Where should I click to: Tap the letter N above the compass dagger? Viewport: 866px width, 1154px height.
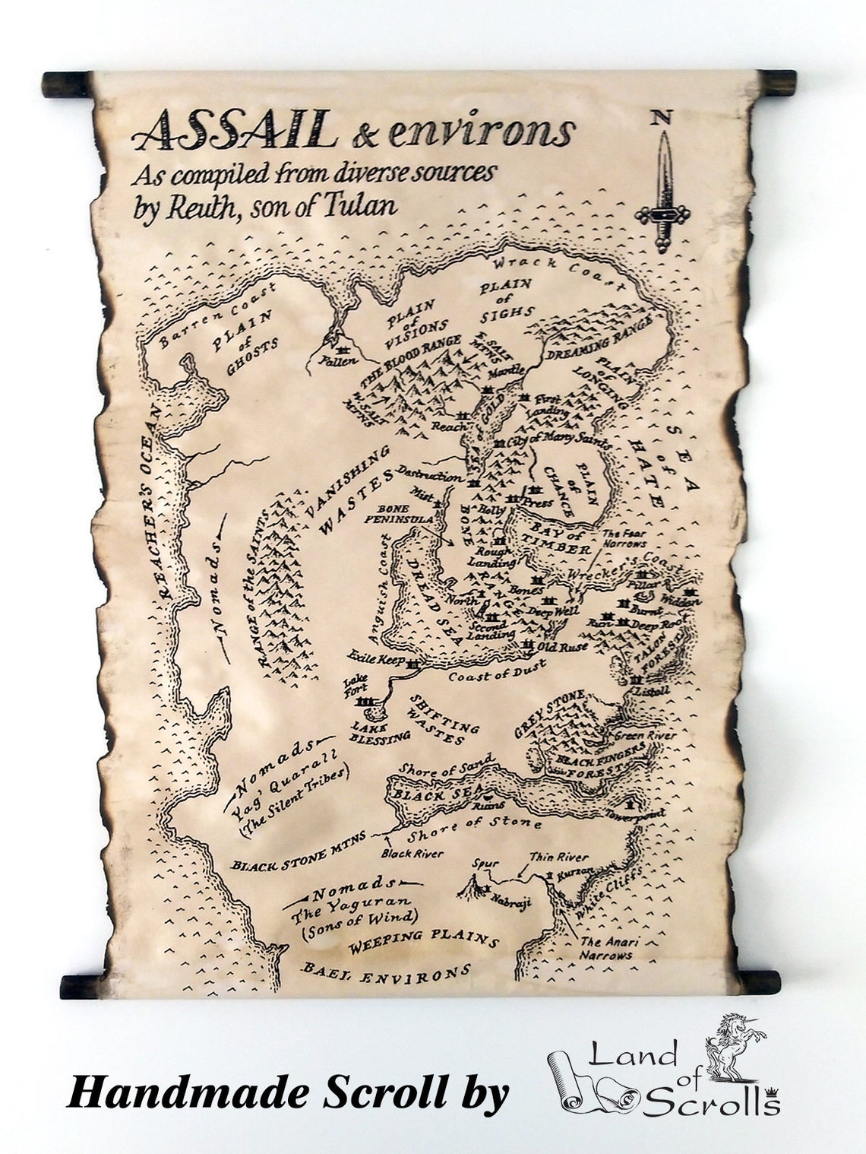point(661,118)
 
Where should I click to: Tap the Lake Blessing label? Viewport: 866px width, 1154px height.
point(380,731)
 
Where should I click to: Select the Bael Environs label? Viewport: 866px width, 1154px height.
point(385,972)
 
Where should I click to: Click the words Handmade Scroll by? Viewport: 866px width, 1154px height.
point(288,1093)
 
